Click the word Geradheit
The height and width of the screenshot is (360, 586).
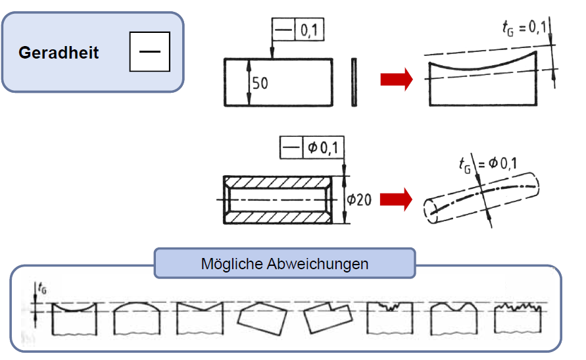coord(59,53)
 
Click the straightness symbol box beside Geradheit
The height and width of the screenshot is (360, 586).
coord(150,52)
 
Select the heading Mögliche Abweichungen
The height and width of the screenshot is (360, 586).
coord(284,264)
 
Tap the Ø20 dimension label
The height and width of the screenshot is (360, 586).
coord(359,198)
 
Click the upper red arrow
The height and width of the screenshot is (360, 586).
coord(397,80)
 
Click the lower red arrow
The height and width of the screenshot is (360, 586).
coord(397,198)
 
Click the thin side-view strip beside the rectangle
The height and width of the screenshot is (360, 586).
coord(354,82)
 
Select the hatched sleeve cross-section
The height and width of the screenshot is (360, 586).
coord(278,198)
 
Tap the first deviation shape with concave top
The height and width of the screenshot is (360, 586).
coord(74,319)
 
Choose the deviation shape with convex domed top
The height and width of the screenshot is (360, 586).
coord(137,319)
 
